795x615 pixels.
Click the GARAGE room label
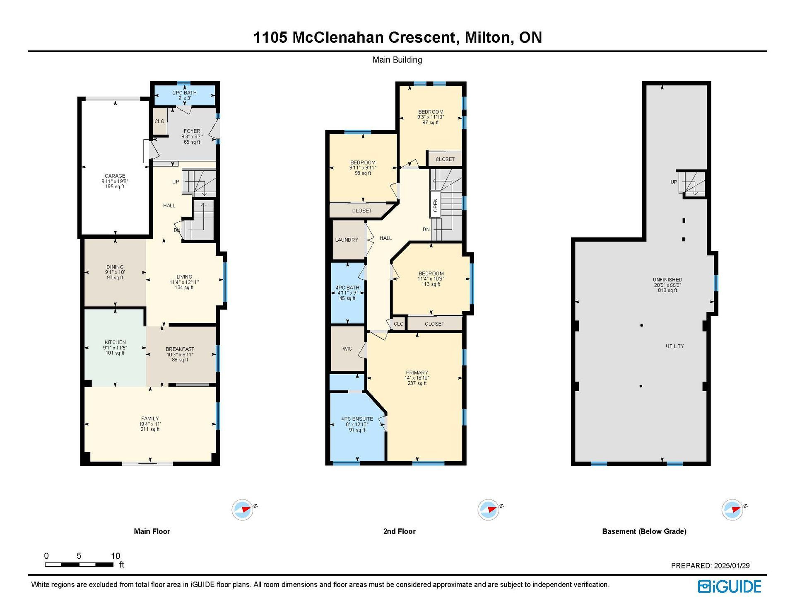115,176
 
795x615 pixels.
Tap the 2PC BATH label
185,93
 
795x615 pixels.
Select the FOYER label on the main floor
192,131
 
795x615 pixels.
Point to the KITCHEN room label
115,342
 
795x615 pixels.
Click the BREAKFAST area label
180,349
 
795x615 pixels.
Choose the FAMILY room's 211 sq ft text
150,429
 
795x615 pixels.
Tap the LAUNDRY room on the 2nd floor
347,240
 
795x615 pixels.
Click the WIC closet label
347,349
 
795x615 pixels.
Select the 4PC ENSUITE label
357,419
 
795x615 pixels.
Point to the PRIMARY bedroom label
417,373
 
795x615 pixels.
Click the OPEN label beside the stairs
435,205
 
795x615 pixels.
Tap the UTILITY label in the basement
675,346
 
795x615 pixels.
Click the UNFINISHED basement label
667,280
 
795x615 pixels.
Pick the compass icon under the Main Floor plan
243,510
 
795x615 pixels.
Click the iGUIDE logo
730,586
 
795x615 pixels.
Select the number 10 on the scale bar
116,556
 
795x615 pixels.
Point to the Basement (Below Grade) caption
644,531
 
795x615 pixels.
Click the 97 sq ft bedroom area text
431,123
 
